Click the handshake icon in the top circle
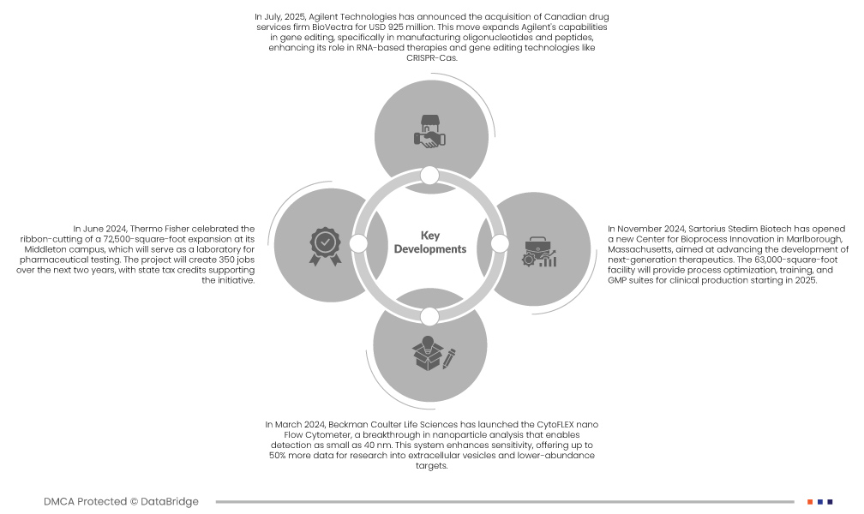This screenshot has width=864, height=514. [429, 131]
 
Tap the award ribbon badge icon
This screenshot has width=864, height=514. [325, 246]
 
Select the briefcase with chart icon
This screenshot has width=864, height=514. [539, 253]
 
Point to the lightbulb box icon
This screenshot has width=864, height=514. [434, 353]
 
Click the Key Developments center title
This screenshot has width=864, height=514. [429, 242]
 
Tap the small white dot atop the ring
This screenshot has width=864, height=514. [429, 176]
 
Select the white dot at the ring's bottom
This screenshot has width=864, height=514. [429, 317]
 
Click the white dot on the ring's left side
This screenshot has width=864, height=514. [358, 243]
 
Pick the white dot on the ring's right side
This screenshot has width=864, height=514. [500, 243]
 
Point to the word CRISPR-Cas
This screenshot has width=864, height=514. [432, 58]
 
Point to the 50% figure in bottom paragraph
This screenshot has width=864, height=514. [277, 456]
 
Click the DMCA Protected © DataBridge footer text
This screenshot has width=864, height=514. [121, 501]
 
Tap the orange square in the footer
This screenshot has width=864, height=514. [810, 502]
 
